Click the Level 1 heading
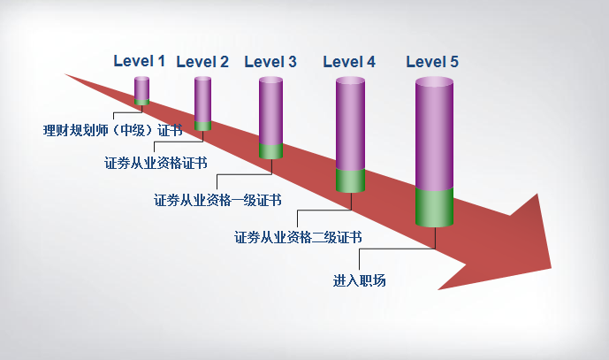[x=140, y=61]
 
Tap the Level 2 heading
[x=202, y=62]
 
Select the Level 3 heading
[x=270, y=62]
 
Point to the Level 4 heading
[x=349, y=62]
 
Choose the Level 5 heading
[x=432, y=62]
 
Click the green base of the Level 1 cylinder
[x=141, y=103]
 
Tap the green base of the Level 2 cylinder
[x=202, y=126]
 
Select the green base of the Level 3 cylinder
[x=270, y=151]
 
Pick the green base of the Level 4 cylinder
[x=350, y=180]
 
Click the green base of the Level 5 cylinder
[x=434, y=207]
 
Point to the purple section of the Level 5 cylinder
[x=434, y=134]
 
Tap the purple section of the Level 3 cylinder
[x=270, y=111]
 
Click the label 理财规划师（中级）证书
[x=113, y=130]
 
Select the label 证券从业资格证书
[x=156, y=163]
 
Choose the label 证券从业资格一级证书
[x=217, y=200]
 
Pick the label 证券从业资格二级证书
[x=298, y=237]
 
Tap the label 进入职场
[x=359, y=280]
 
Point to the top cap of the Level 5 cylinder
[x=434, y=81]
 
